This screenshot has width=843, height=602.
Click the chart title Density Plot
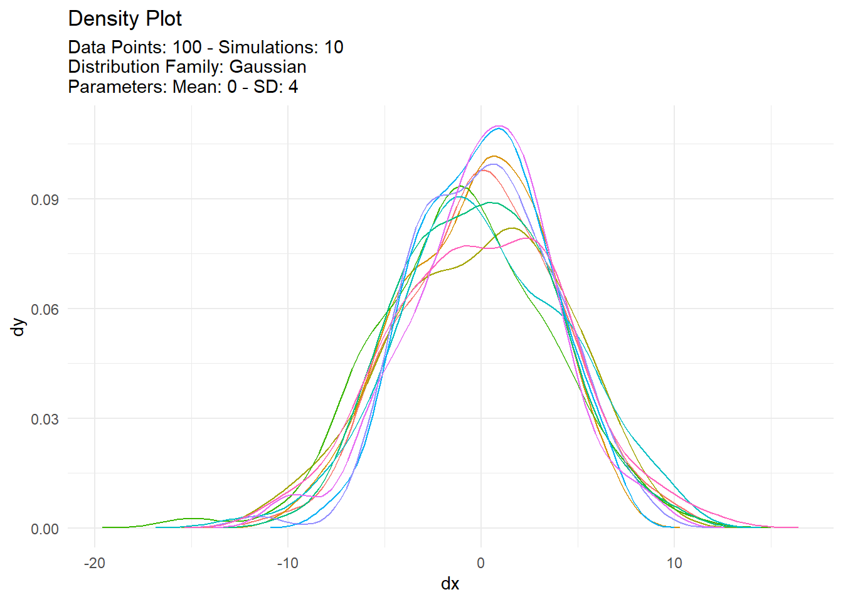pos(125,19)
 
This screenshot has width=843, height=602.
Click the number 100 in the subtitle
pos(187,48)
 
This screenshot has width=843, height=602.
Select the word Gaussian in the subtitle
pos(268,67)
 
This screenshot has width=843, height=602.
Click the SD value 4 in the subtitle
pos(293,87)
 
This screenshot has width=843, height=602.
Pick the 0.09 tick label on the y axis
pos(45,199)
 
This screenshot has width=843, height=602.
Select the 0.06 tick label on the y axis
pos(45,309)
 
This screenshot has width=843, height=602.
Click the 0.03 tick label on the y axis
pos(45,419)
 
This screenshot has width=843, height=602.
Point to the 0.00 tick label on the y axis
pos(45,529)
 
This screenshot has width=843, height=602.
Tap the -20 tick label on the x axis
pos(95,563)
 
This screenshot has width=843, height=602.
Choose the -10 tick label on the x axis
pos(288,563)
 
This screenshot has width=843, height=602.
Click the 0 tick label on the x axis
pos(481,563)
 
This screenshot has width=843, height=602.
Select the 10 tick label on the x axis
pos(674,563)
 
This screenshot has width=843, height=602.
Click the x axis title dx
pos(450,584)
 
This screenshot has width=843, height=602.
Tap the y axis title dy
pos(19,327)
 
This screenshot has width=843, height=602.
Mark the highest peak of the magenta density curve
pos(499,126)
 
